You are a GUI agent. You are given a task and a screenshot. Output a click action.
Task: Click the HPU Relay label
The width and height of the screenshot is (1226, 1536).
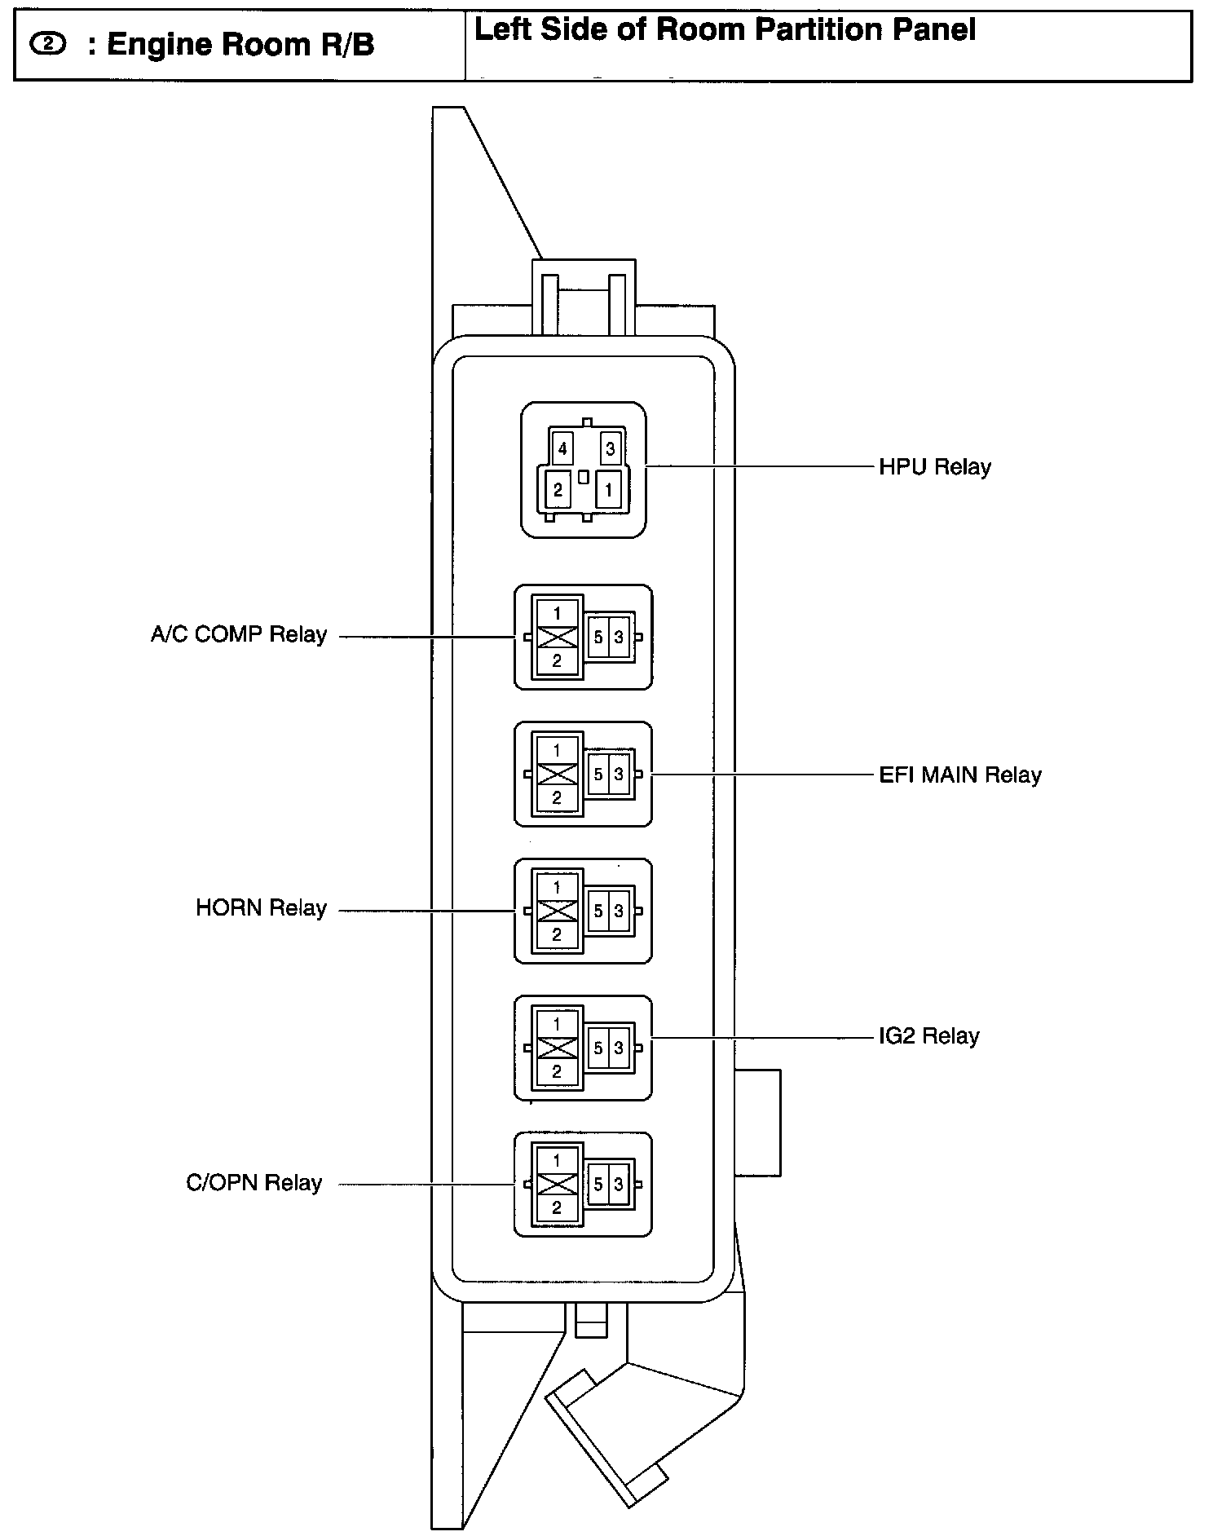pyautogui.click(x=934, y=467)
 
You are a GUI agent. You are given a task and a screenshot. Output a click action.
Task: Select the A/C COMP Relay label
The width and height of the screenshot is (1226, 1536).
pyautogui.click(x=238, y=634)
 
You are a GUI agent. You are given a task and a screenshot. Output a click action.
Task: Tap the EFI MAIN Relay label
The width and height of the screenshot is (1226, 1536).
pyautogui.click(x=959, y=775)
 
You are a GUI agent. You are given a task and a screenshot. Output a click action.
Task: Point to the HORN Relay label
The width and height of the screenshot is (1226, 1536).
pyautogui.click(x=261, y=908)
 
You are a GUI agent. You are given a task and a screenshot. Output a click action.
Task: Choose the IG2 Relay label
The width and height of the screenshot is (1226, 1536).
pyautogui.click(x=928, y=1036)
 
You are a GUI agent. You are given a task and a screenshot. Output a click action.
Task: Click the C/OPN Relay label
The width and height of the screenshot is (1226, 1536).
pyautogui.click(x=254, y=1183)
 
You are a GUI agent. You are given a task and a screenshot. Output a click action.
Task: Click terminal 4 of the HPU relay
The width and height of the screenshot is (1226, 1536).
pyautogui.click(x=562, y=448)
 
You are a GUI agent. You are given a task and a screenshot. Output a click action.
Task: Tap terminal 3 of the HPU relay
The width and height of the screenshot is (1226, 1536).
pyautogui.click(x=610, y=448)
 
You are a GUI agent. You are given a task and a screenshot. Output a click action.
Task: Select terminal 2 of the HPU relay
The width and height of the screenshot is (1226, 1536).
pyautogui.click(x=558, y=490)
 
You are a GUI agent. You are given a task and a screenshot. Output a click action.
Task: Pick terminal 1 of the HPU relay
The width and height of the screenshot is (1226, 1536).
pyautogui.click(x=608, y=490)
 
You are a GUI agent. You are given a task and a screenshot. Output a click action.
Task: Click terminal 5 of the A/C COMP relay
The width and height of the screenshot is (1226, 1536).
pyautogui.click(x=598, y=637)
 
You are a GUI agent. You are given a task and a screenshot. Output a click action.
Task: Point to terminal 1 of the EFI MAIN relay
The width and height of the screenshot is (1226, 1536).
pyautogui.click(x=557, y=750)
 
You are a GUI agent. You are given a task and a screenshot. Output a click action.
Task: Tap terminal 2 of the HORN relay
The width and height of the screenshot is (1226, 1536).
pyautogui.click(x=557, y=935)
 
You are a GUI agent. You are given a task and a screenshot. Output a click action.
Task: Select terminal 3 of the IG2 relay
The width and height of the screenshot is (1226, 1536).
pyautogui.click(x=619, y=1048)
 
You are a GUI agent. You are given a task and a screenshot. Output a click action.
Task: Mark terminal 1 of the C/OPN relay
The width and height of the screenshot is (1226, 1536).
pyautogui.click(x=557, y=1160)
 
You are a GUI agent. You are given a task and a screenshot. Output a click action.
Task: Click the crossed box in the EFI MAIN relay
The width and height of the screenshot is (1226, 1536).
pyautogui.click(x=557, y=774)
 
